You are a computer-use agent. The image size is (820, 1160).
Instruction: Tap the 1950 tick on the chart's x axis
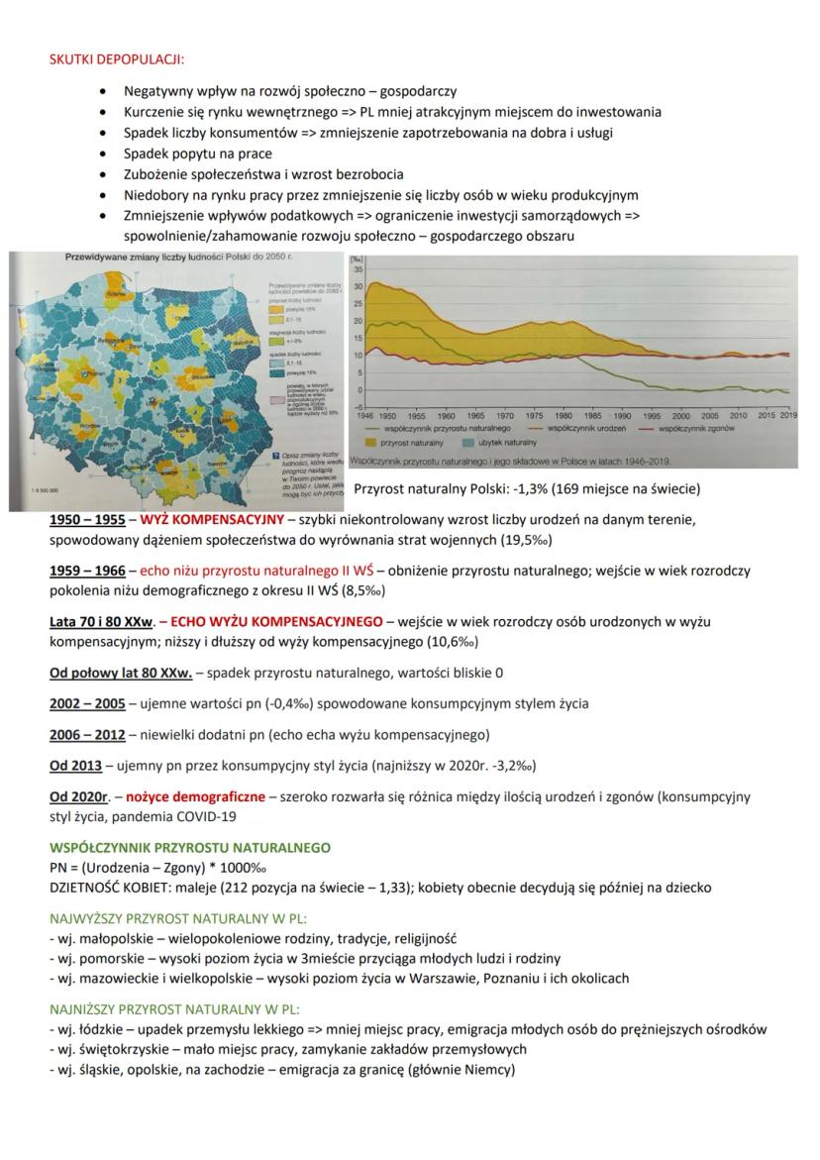(x=387, y=415)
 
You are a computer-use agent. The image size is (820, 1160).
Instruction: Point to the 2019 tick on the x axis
(x=787, y=415)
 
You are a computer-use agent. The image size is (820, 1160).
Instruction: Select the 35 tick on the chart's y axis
(x=359, y=268)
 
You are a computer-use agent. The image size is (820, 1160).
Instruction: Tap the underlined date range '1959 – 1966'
(x=87, y=571)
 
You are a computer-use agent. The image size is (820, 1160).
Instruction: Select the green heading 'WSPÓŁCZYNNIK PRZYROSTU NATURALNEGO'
(x=190, y=848)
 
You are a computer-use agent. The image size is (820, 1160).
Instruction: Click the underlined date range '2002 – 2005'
(x=87, y=703)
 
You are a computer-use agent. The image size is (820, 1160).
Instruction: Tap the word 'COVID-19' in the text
(x=207, y=816)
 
